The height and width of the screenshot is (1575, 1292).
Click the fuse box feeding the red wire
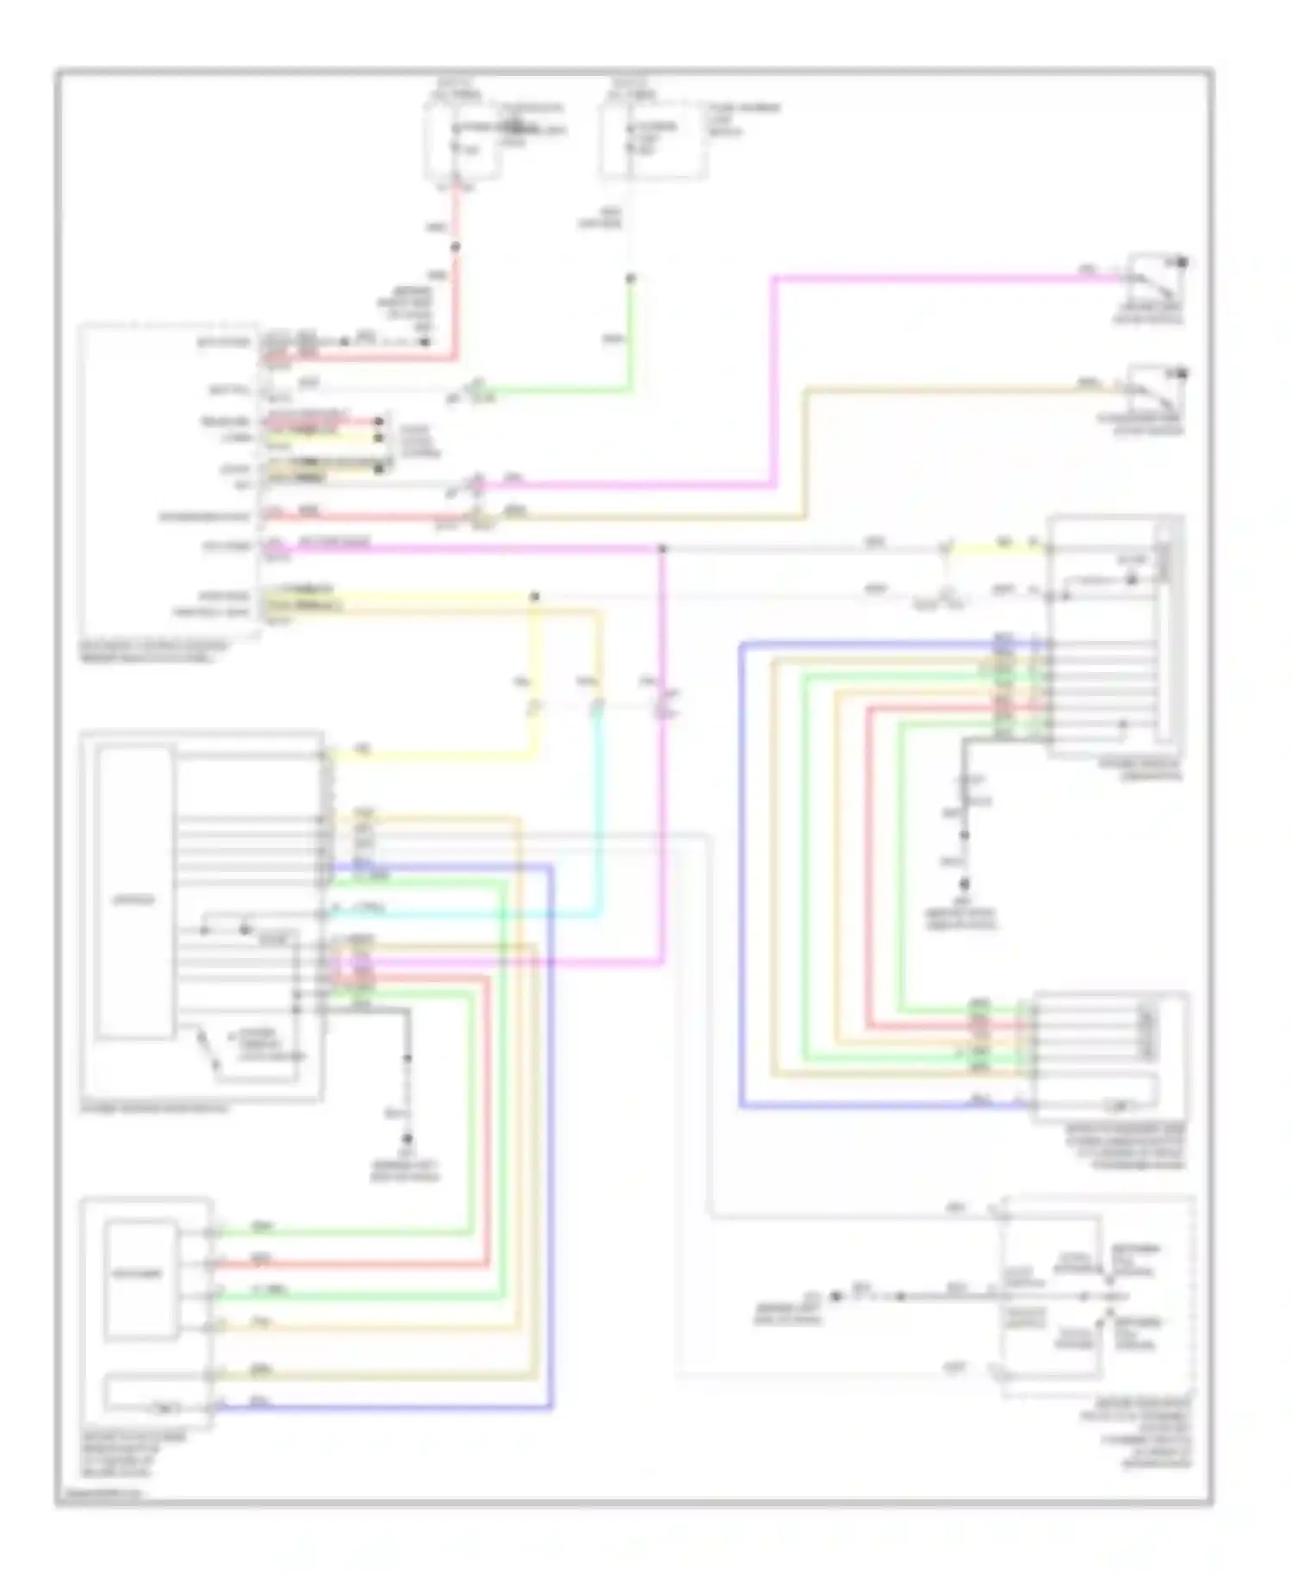pos(463,142)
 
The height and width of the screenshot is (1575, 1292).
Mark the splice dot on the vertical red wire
pos(456,247)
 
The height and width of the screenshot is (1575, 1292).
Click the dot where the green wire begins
pos(630,278)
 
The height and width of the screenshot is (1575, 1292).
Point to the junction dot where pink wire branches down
pos(662,549)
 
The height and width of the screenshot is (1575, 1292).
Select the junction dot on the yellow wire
pos(534,596)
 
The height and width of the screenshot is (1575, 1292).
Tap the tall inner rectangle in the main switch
pos(134,892)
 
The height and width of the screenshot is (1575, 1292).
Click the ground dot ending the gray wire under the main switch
pos(407,1139)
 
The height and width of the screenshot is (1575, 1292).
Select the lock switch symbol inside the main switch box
pos(207,1049)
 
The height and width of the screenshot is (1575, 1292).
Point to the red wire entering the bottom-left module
pos(345,1265)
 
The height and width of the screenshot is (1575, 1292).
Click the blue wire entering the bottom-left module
pos(379,1408)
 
